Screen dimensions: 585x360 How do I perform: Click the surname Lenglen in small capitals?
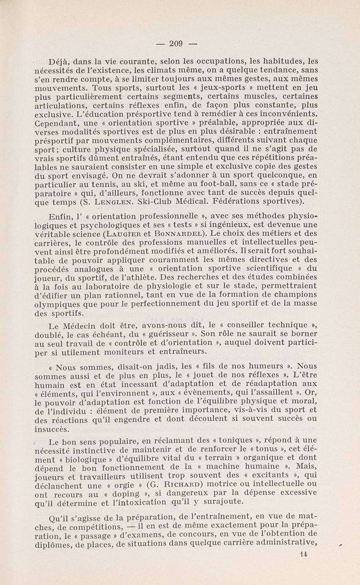tap(119, 201)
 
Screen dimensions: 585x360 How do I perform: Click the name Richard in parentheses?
tap(162, 484)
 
